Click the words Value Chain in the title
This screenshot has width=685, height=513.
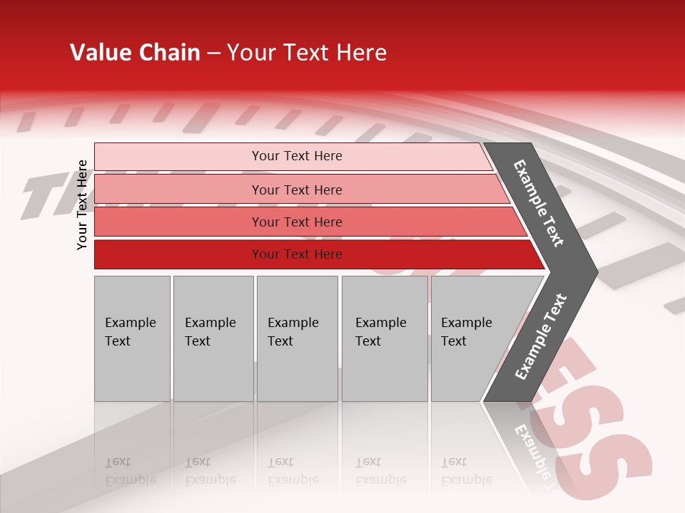(135, 53)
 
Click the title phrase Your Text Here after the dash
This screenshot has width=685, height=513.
(307, 53)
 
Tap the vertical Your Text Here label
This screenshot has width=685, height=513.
(82, 204)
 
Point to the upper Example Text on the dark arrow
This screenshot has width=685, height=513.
(539, 203)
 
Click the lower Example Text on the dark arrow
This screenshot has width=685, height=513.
(541, 336)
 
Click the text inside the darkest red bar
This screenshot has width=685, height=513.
(297, 254)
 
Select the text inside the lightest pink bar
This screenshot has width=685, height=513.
(297, 156)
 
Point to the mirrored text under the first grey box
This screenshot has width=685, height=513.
(130, 471)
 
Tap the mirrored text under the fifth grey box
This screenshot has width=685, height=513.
(466, 471)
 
